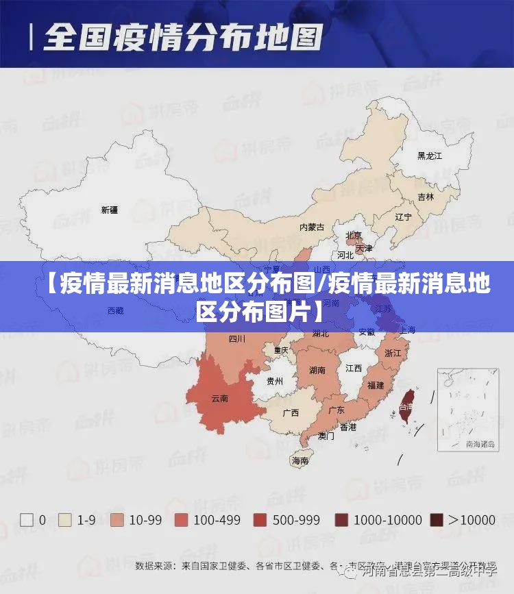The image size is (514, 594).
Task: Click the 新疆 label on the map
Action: tap(109, 210)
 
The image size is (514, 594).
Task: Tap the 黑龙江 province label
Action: tap(430, 156)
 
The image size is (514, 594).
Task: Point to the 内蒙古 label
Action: tap(312, 227)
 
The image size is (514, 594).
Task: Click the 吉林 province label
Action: tap(426, 197)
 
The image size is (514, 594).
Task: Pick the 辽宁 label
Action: tap(404, 217)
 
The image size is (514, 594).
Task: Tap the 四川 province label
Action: tap(237, 338)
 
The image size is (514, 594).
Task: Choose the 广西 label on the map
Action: tap(291, 413)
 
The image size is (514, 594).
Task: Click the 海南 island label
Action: tap(300, 461)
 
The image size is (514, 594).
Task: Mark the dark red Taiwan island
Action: tap(406, 408)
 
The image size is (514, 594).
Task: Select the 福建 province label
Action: tap(376, 386)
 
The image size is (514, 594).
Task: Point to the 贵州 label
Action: tap(274, 381)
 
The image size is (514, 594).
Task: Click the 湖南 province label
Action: tap(317, 371)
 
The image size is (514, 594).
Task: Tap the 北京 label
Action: tap(354, 235)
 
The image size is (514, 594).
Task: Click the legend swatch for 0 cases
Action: tap(27, 520)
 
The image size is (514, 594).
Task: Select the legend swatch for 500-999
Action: tap(260, 520)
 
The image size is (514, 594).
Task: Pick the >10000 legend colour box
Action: tap(436, 520)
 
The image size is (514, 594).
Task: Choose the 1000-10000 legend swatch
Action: tap(341, 520)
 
